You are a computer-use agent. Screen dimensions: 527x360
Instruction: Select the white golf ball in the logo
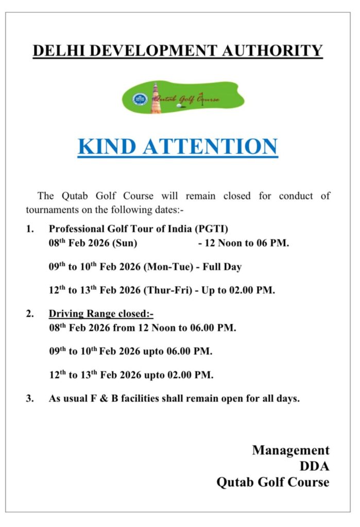[x=179, y=106]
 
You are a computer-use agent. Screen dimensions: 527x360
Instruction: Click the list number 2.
[x=30, y=313]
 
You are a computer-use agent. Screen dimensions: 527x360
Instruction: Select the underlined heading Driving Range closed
[x=101, y=313]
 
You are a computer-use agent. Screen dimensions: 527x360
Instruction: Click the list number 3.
[x=30, y=398]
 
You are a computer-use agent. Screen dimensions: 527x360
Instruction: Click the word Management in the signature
[x=290, y=450]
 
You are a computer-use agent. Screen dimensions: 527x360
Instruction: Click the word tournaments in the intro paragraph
[x=51, y=209]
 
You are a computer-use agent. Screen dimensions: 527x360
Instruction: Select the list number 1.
[x=30, y=229]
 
